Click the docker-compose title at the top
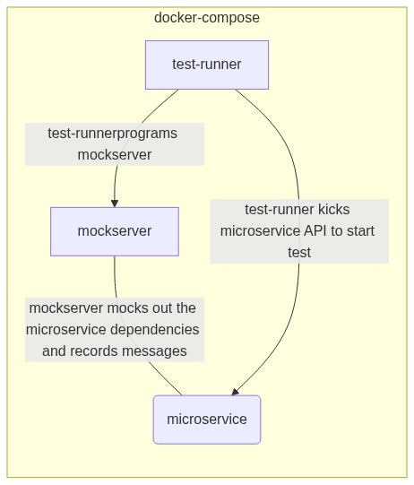(207, 18)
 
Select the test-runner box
(207, 65)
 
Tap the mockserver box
(115, 231)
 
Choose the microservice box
(207, 420)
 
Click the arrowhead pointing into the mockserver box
(115, 204)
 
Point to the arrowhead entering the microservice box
(235, 392)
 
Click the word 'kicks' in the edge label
(334, 210)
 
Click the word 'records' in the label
(93, 351)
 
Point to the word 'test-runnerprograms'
(112, 134)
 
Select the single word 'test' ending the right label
(299, 253)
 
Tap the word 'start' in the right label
(360, 230)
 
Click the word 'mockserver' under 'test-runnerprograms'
(115, 155)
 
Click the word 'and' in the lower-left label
(54, 351)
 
